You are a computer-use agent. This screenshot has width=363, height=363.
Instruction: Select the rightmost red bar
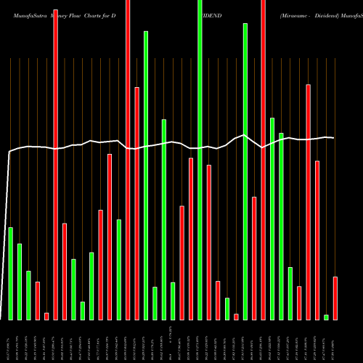click(x=335, y=298)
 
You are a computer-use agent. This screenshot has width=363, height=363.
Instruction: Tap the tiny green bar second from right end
click(x=326, y=317)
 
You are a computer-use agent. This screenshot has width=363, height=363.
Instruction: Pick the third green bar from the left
click(x=28, y=295)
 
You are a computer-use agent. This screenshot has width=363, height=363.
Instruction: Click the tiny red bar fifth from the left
click(x=46, y=316)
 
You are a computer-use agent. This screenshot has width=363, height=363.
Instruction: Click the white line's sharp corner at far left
click(x=9, y=152)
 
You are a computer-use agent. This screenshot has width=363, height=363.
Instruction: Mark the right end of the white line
click(x=334, y=137)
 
